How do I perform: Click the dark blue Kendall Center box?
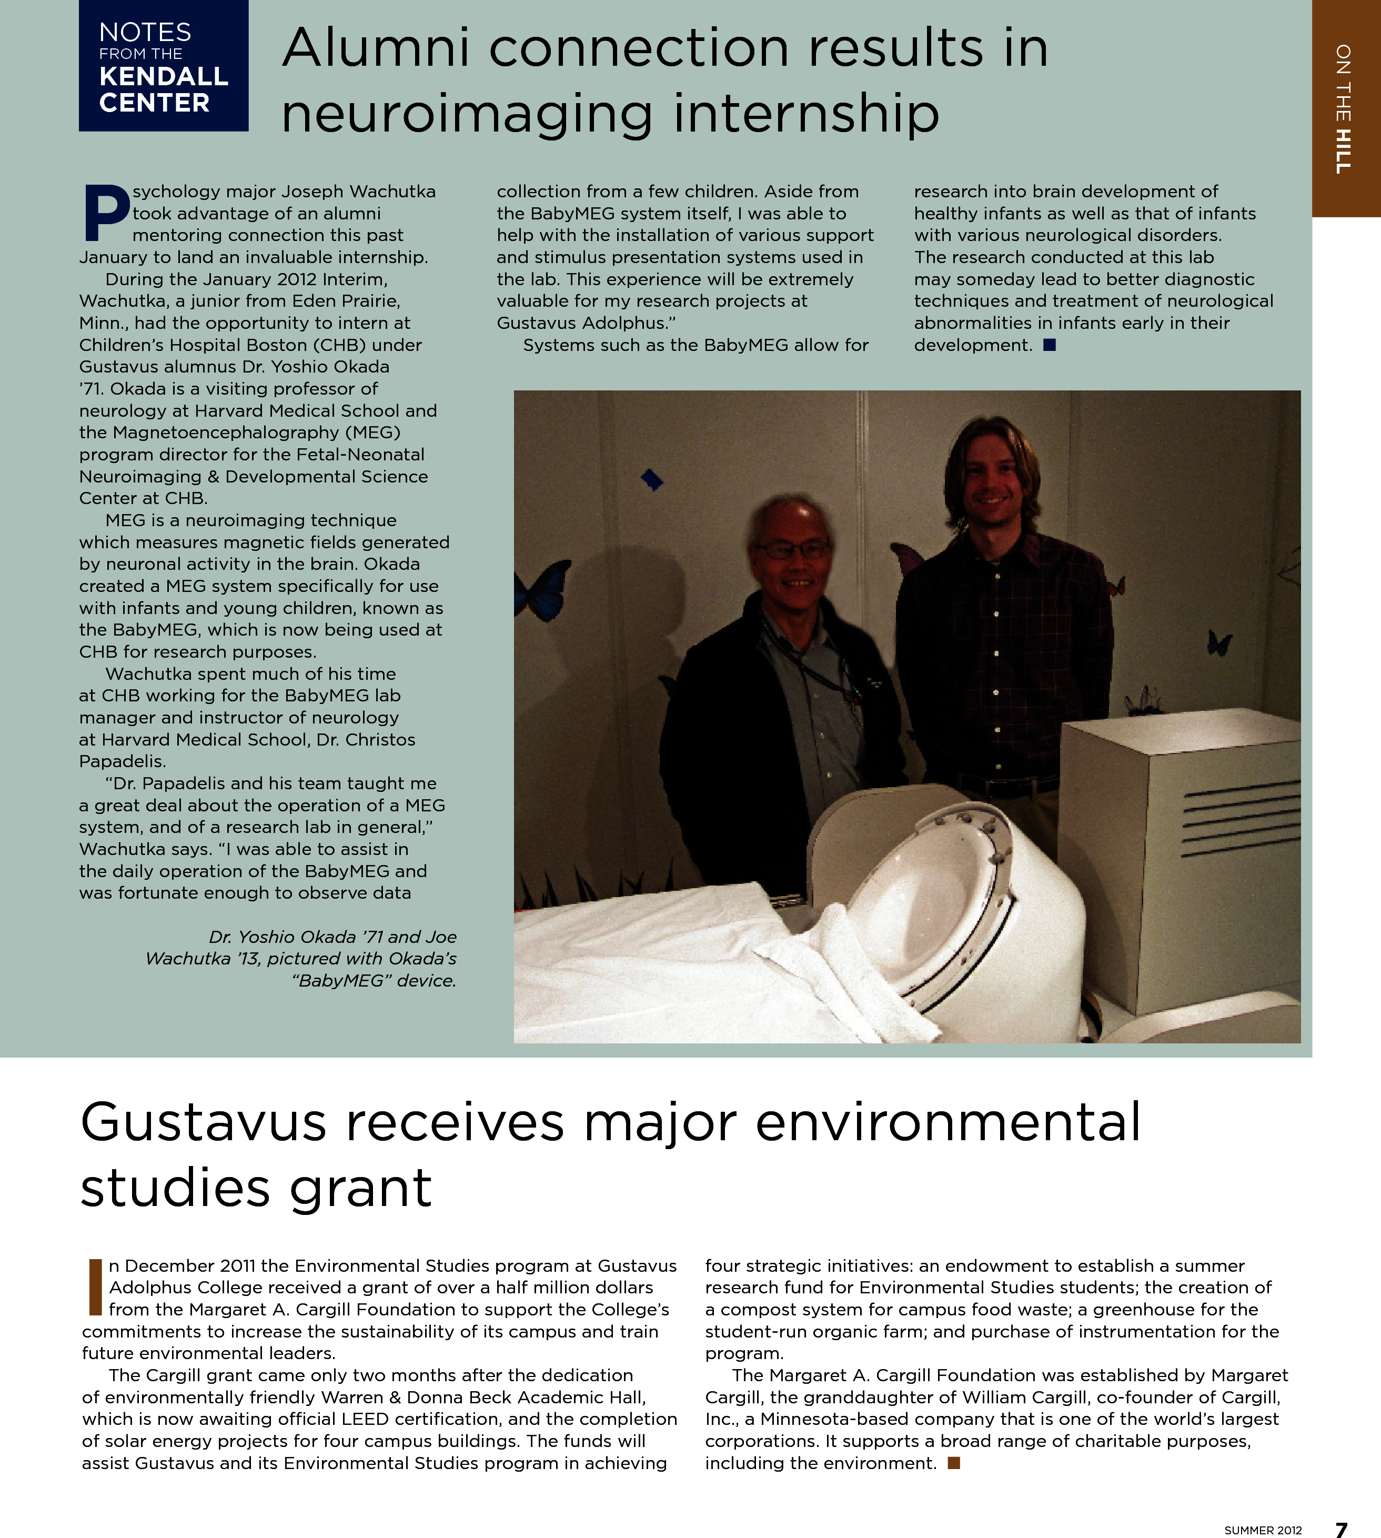pyautogui.click(x=163, y=66)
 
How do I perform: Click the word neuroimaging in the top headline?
pyautogui.click(x=467, y=113)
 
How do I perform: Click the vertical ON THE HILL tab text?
pyautogui.click(x=1343, y=108)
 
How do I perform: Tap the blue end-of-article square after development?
pyautogui.click(x=1050, y=345)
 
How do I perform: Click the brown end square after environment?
pyautogui.click(x=954, y=1463)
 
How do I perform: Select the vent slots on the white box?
pyautogui.click(x=1240, y=819)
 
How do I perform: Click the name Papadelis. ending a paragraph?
pyautogui.click(x=122, y=761)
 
